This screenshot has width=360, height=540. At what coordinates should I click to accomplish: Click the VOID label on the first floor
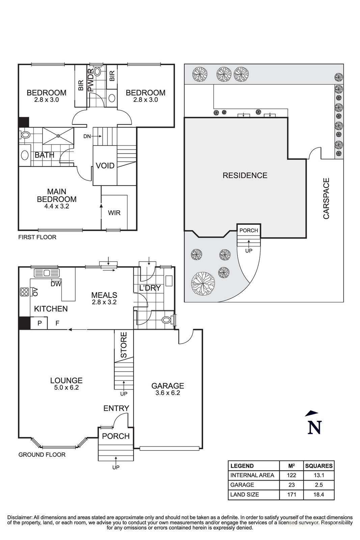(105, 166)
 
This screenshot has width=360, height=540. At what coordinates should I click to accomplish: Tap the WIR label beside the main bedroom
(114, 213)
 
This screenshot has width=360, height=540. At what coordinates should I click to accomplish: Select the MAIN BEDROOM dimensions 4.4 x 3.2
(57, 206)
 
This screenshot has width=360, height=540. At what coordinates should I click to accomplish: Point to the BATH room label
(45, 155)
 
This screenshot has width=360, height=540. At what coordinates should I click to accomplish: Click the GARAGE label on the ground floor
(167, 386)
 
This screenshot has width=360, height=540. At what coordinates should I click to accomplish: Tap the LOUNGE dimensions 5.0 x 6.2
(66, 388)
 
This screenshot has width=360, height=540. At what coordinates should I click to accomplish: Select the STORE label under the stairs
(124, 345)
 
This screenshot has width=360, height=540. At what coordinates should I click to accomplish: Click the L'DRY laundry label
(150, 288)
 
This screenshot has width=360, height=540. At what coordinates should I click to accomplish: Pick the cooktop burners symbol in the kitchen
(24, 292)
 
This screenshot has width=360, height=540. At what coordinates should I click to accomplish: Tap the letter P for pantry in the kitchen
(39, 323)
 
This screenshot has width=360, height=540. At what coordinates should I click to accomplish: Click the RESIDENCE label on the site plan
(245, 175)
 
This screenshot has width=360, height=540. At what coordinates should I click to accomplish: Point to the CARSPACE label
(326, 198)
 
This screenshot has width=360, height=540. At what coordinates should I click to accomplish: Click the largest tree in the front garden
(203, 284)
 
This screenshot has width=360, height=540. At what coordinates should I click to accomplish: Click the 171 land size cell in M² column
(292, 494)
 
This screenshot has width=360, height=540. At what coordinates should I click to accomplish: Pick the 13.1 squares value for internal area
(319, 475)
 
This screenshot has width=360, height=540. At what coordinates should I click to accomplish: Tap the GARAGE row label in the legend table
(242, 485)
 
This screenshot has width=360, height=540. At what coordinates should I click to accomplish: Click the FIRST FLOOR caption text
(37, 237)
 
